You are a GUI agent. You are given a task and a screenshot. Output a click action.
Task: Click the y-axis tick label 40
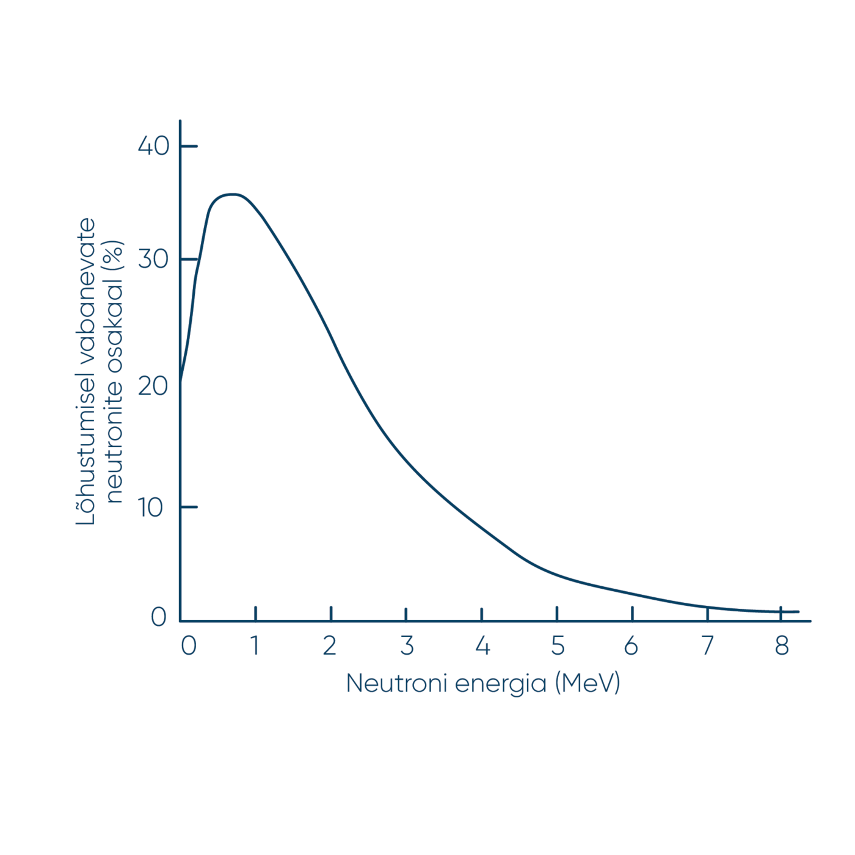click(153, 146)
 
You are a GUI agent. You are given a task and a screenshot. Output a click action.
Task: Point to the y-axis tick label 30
click(153, 260)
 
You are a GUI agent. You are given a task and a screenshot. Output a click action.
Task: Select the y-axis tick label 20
click(153, 386)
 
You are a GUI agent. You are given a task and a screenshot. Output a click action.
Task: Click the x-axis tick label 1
click(255, 646)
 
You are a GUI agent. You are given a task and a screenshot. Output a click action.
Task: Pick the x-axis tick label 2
click(330, 646)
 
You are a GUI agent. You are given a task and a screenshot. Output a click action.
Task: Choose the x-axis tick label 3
click(407, 646)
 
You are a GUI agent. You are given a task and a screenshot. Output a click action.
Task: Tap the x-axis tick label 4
click(482, 646)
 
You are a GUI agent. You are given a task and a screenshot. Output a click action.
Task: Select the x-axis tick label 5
click(558, 646)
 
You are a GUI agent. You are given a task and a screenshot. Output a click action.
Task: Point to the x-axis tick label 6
click(631, 646)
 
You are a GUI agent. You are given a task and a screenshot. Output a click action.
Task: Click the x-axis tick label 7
click(707, 646)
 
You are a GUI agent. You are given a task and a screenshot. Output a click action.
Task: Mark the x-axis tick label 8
click(782, 646)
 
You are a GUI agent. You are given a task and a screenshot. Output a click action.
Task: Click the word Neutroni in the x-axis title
click(397, 683)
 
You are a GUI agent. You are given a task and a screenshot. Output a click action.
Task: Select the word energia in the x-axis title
click(501, 684)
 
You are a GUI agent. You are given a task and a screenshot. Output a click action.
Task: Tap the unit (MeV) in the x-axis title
click(588, 683)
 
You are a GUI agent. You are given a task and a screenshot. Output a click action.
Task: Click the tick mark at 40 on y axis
click(189, 146)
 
